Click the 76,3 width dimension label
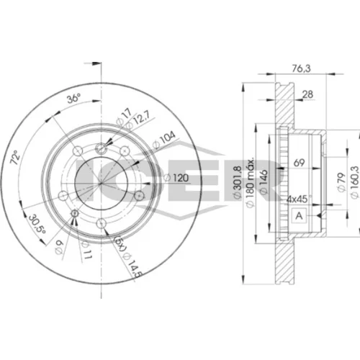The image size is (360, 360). coord(301,68)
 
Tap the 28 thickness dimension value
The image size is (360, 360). coord(307,94)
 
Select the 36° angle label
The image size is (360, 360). coord(73,98)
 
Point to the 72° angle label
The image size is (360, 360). coord(15,157)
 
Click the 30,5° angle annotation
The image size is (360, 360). coord(37,225)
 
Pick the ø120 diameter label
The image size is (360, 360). coord(176,178)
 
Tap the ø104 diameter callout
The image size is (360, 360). coord(164,140)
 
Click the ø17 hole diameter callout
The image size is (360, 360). coord(124,117)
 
